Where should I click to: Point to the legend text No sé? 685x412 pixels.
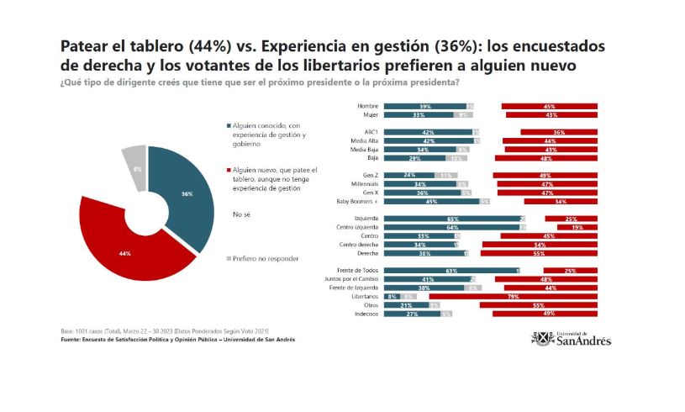[x=240, y=214]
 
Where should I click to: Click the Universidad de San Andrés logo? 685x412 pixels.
[x=571, y=339]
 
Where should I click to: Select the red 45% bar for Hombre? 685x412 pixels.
[x=549, y=106]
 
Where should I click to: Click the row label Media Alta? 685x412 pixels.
[x=363, y=140]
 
